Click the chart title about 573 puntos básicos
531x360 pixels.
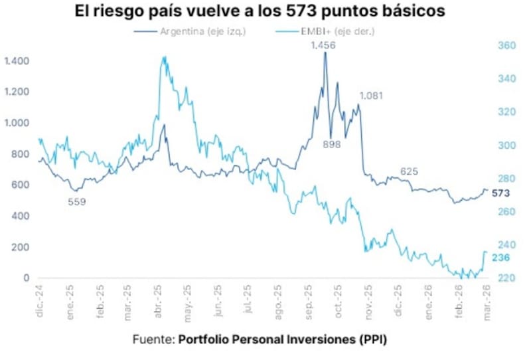click(x=265, y=11)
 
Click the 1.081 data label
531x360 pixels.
click(x=372, y=96)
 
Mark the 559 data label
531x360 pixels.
click(x=77, y=201)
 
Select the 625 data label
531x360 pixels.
click(x=409, y=172)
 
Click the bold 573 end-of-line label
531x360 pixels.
click(x=499, y=193)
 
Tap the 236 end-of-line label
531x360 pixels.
click(x=499, y=258)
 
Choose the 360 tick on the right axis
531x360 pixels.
click(x=506, y=46)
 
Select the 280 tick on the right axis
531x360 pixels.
click(x=506, y=179)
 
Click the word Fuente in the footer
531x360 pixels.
click(x=153, y=339)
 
